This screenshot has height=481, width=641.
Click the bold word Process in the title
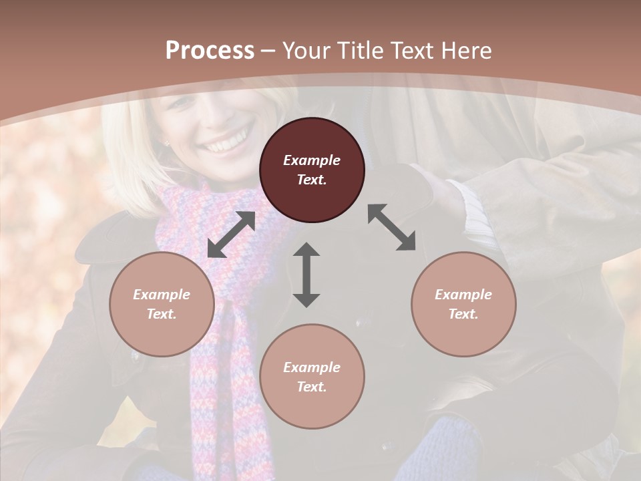[210, 51]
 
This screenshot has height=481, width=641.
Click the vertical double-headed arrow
[306, 275]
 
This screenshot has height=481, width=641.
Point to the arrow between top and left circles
[231, 234]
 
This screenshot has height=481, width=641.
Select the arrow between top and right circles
[391, 227]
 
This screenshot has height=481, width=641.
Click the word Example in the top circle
[312, 160]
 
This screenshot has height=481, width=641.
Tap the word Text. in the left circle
[162, 314]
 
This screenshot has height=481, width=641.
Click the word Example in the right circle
[463, 295]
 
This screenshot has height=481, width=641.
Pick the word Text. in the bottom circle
[312, 387]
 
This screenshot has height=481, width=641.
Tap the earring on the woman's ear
[166, 143]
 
